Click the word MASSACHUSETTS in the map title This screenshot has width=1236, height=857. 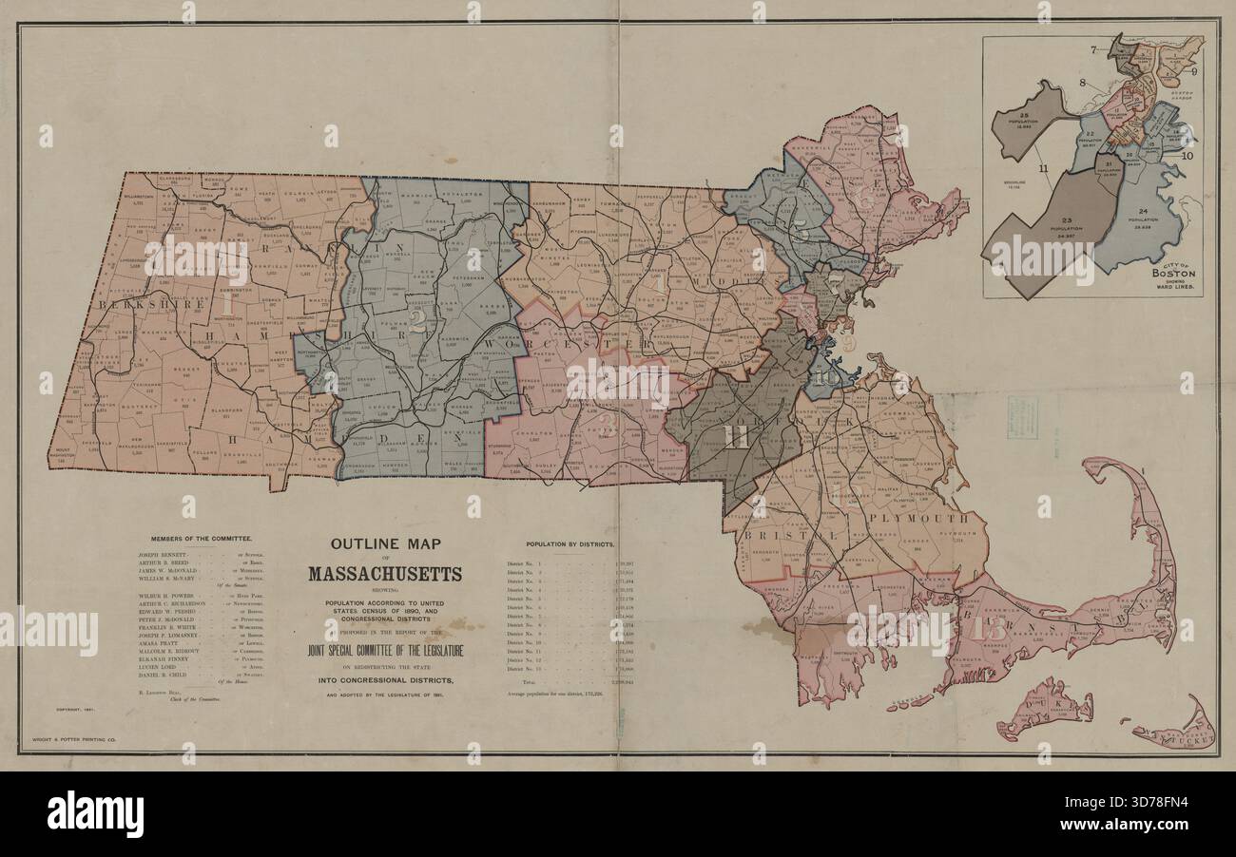click(385, 574)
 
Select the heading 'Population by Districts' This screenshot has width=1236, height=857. click(570, 544)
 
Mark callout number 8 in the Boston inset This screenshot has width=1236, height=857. click(1082, 83)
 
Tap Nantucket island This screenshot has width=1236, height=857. click(1176, 732)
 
